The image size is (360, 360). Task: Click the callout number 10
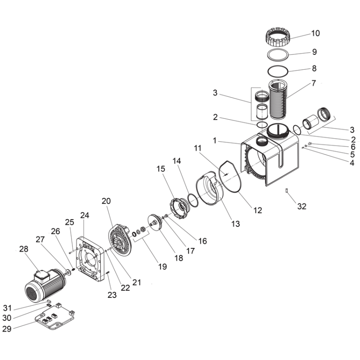point(315,33)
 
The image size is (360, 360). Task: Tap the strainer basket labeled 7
point(278,99)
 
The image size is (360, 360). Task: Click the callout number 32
point(301,207)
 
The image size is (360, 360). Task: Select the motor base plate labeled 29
point(54,317)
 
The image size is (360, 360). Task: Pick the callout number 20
point(106,201)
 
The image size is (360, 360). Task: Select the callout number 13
point(235,224)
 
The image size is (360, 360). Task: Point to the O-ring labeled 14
point(193,200)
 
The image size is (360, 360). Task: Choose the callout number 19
point(162,266)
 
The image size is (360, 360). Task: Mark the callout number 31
point(7,308)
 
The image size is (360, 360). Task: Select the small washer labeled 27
point(68,272)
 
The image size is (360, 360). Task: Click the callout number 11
point(198,148)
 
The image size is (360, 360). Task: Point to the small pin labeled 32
point(287,190)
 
